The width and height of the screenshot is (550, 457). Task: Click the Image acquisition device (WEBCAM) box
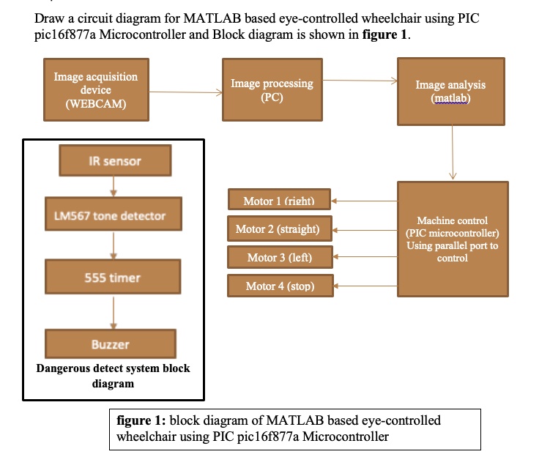click(x=95, y=90)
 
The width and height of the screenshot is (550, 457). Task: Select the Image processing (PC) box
click(x=272, y=90)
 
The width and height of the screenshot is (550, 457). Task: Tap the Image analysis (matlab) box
click(x=450, y=92)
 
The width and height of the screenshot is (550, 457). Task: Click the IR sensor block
click(x=115, y=161)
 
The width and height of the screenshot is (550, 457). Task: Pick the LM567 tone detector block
click(x=111, y=216)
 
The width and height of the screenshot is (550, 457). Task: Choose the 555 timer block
click(x=112, y=278)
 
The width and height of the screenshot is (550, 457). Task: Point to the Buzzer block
click(x=111, y=343)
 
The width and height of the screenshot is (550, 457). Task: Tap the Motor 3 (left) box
click(x=280, y=257)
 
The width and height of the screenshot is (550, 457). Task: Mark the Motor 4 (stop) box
click(x=280, y=286)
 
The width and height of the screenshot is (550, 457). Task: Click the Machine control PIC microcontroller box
click(x=452, y=239)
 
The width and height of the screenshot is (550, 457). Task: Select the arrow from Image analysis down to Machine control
click(x=453, y=152)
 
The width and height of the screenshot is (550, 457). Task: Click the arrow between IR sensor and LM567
click(x=113, y=186)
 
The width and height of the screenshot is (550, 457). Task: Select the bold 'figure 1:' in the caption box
click(x=141, y=421)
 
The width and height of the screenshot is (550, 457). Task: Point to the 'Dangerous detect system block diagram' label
click(x=113, y=376)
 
